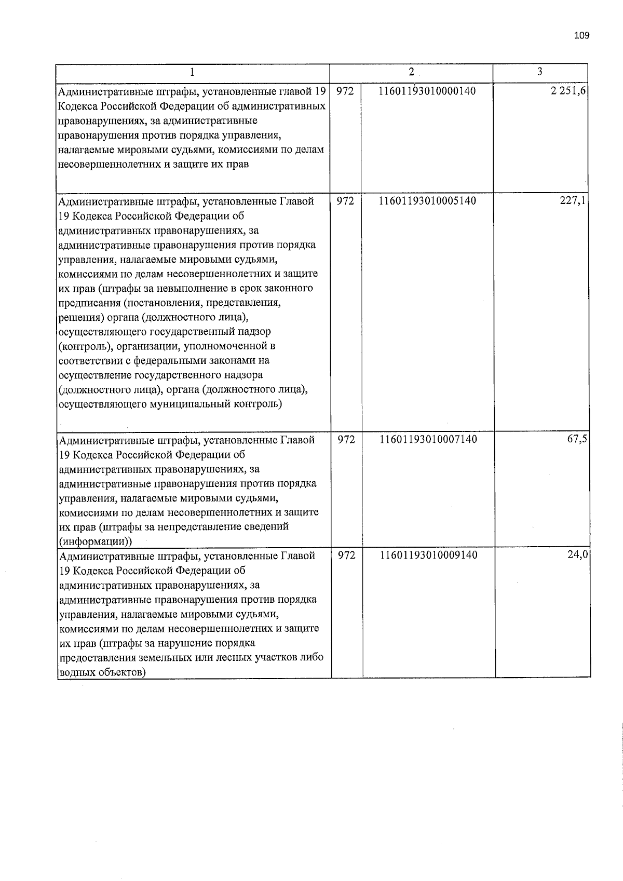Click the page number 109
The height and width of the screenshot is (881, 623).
[581, 36]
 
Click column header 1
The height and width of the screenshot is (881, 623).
[192, 72]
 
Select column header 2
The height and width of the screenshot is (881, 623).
[411, 72]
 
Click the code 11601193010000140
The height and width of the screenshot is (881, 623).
[427, 92]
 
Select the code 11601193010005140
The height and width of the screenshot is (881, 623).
[428, 201]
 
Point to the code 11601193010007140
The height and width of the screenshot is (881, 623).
[428, 440]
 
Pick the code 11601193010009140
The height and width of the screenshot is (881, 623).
[428, 555]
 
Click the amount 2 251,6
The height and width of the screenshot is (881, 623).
[570, 92]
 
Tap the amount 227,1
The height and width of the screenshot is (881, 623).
[573, 201]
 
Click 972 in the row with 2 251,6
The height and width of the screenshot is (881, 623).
[345, 92]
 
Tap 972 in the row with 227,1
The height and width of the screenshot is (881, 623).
[345, 201]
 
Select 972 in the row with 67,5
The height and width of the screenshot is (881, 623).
[346, 440]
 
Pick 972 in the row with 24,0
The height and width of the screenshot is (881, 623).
[346, 555]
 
